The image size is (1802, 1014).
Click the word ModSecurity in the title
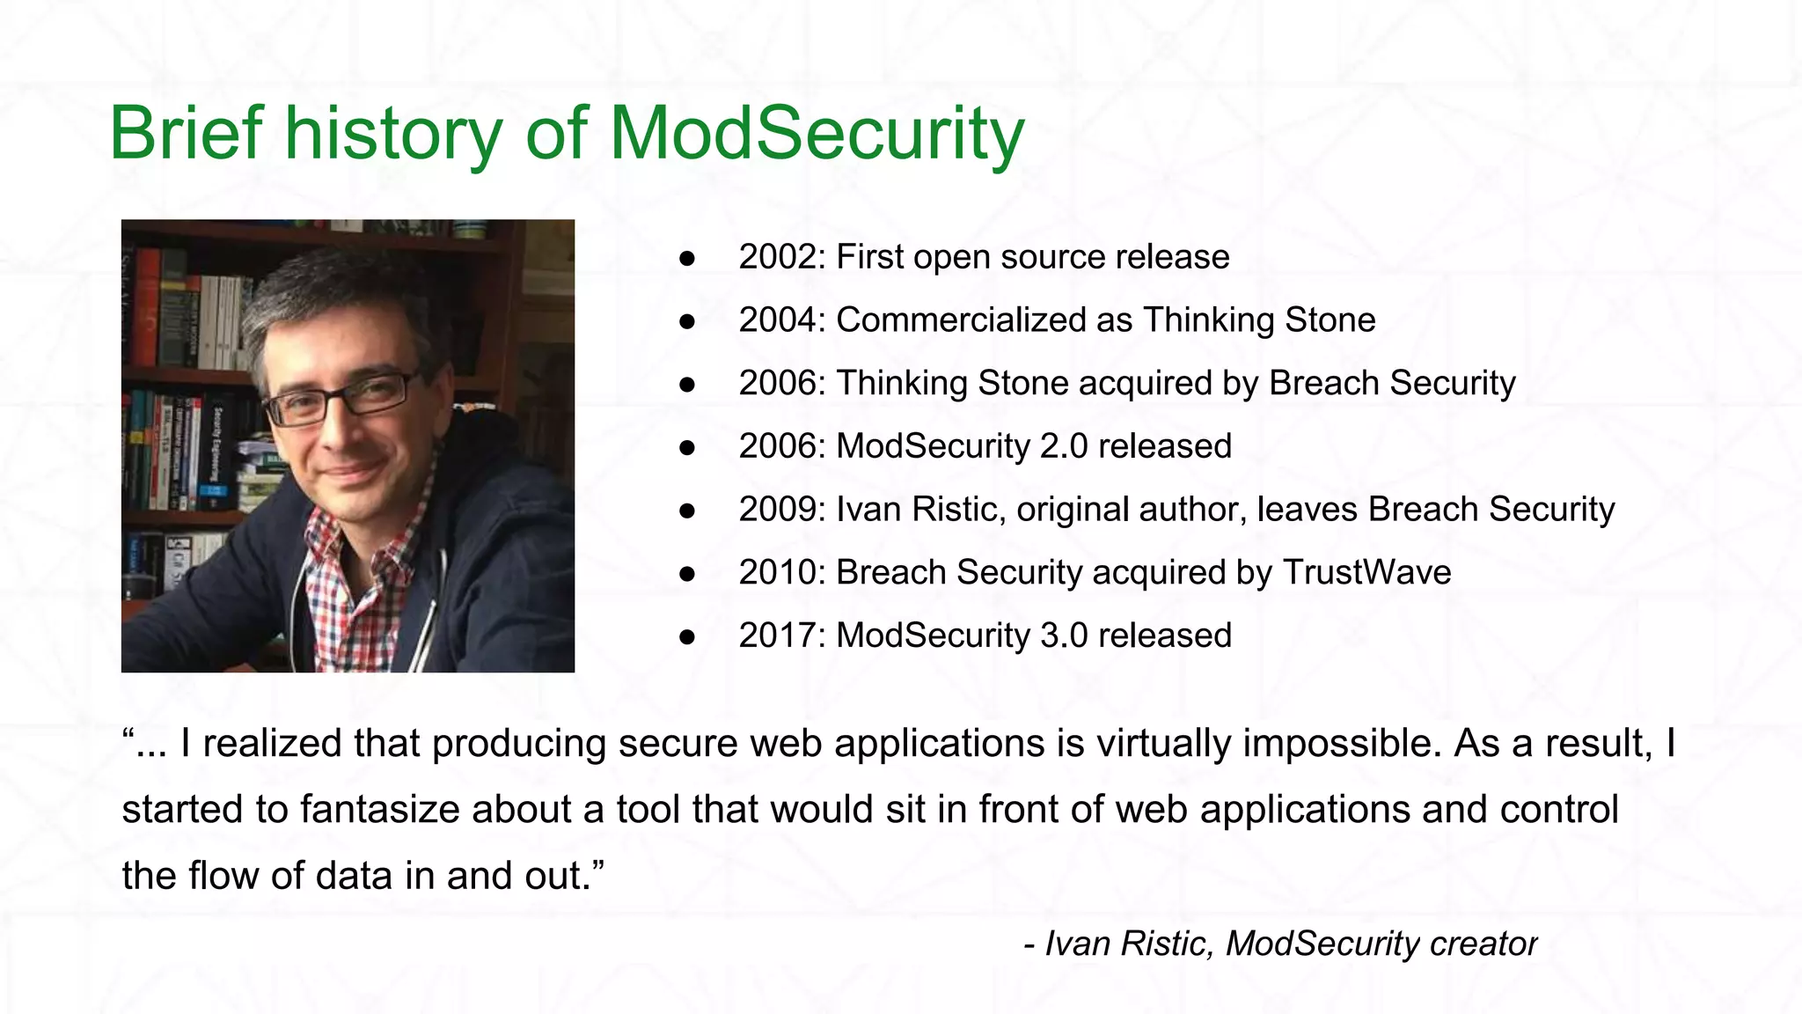pyautogui.click(x=817, y=134)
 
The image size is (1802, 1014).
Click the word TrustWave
pyautogui.click(x=1366, y=573)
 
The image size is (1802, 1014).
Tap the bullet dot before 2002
pyautogui.click(x=687, y=258)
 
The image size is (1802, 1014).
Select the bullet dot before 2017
pyautogui.click(x=687, y=636)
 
